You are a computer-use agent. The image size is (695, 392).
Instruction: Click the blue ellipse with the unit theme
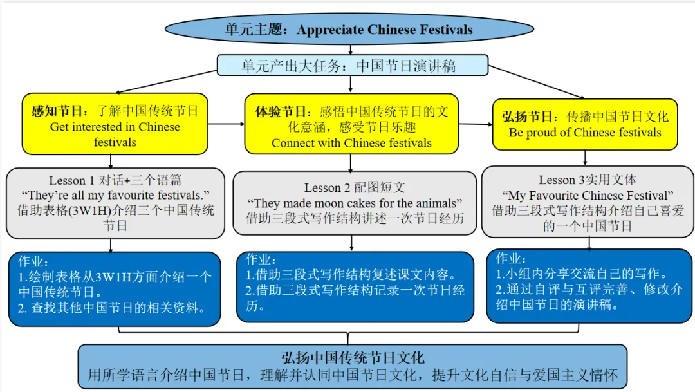pyautogui.click(x=349, y=29)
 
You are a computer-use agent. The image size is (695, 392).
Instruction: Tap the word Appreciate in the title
pyautogui.click(x=331, y=30)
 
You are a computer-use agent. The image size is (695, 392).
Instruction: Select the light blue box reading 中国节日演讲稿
pyautogui.click(x=353, y=66)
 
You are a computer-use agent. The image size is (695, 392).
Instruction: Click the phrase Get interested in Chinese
pyautogui.click(x=115, y=127)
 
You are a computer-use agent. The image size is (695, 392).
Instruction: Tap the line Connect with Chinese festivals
pyautogui.click(x=351, y=143)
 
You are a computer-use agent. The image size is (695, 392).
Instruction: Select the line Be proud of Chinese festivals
pyautogui.click(x=584, y=133)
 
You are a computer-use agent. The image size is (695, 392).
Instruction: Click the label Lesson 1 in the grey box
pyautogui.click(x=71, y=180)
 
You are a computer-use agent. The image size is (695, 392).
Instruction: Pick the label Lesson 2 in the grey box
pyautogui.click(x=327, y=187)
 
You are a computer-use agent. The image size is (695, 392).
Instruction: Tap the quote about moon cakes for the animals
pyautogui.click(x=355, y=203)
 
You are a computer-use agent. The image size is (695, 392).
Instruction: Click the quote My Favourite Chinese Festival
pyautogui.click(x=588, y=196)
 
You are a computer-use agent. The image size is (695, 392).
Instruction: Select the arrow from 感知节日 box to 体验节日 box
pyautogui.click(x=226, y=124)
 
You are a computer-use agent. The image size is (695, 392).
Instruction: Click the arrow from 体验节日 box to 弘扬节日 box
pyautogui.click(x=476, y=124)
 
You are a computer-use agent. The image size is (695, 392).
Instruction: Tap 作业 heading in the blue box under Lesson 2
pyautogui.click(x=261, y=259)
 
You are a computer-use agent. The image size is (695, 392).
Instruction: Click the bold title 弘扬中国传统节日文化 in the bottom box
pyautogui.click(x=353, y=357)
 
